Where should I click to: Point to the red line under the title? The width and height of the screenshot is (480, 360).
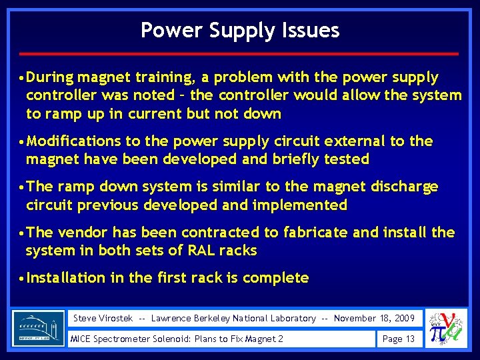click(239, 53)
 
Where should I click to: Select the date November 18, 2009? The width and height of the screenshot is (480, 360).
click(374, 318)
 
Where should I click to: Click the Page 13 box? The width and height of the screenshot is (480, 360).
click(398, 339)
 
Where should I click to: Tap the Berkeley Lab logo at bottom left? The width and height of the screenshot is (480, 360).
click(39, 328)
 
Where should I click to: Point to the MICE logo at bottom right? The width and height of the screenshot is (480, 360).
click(447, 329)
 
